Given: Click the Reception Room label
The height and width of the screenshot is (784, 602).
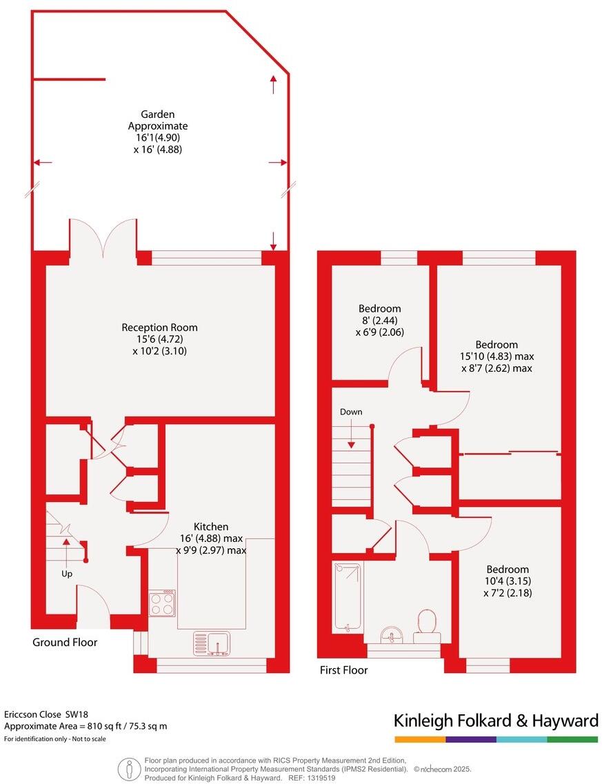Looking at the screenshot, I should tap(159, 328).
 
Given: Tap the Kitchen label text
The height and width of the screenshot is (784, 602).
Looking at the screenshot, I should tap(210, 526).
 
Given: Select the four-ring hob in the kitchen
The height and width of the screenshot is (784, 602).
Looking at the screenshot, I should tap(162, 604).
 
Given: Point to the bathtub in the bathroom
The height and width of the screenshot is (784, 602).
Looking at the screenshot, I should tap(347, 597).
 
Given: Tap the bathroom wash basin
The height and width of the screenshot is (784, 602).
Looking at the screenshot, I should tap(392, 633).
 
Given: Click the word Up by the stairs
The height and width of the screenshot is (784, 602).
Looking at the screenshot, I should tap(67, 573).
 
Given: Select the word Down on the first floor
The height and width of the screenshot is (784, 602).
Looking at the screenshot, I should tap(350, 412).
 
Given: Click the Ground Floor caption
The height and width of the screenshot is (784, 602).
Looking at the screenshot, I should tap(65, 642).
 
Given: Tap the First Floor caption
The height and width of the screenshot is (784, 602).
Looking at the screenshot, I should tap(343, 670).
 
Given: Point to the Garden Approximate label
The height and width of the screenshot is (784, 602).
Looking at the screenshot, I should tap(157, 120).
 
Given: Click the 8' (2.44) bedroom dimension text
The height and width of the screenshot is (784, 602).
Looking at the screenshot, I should tap(379, 320).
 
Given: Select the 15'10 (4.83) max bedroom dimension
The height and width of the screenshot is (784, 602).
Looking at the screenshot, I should tap(496, 356).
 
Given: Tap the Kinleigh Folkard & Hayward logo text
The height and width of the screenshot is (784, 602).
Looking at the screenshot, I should tap(495, 721).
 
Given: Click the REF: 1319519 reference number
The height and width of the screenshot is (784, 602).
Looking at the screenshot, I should tap(312, 777).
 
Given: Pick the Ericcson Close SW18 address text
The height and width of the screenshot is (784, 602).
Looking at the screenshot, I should tap(47, 714).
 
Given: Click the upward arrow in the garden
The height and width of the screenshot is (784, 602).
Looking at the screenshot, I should tap(274, 85).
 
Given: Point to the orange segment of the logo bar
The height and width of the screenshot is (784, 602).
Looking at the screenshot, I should tap(419, 739).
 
